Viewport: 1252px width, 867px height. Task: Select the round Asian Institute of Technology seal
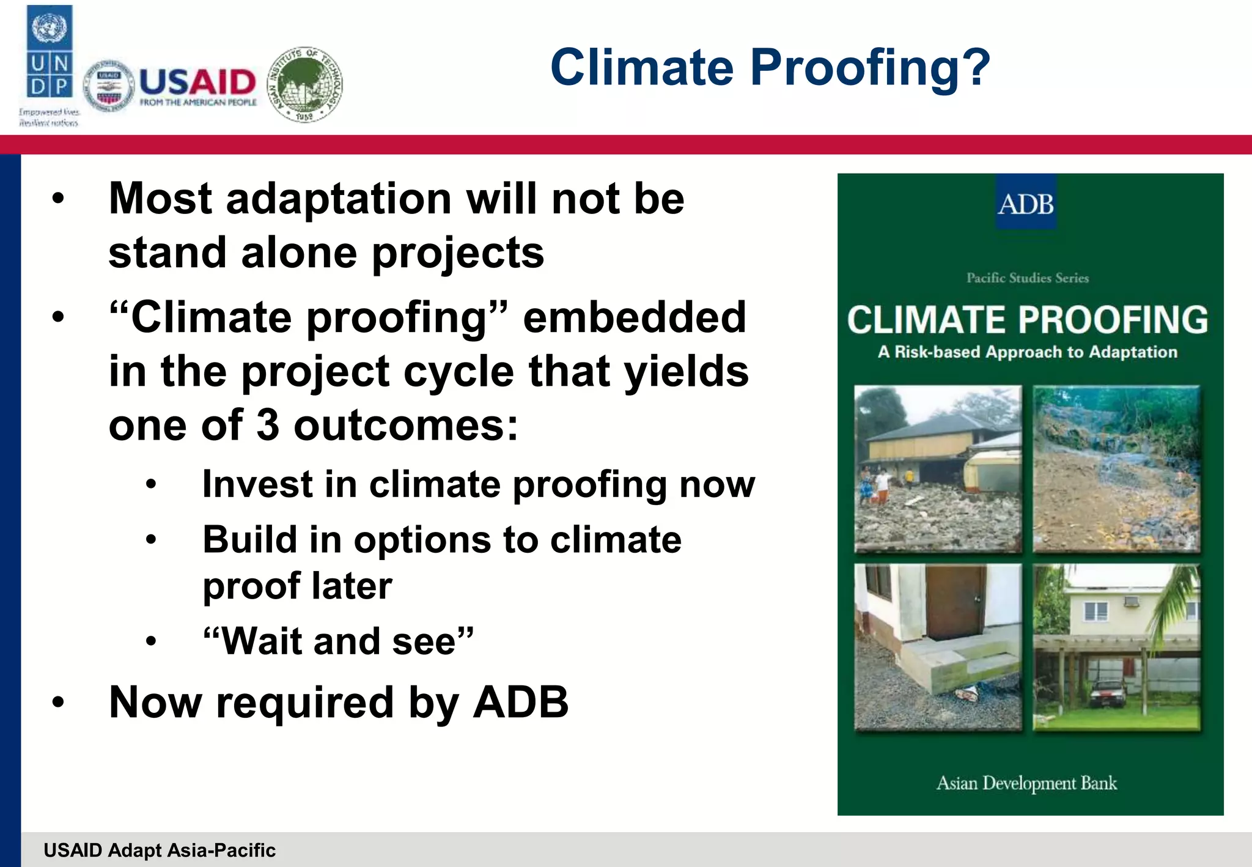306,84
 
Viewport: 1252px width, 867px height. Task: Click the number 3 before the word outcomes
268,425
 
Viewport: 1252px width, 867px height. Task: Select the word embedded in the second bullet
634,317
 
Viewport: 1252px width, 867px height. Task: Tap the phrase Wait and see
338,641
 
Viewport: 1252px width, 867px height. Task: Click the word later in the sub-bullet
351,586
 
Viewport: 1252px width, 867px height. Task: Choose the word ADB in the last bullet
521,702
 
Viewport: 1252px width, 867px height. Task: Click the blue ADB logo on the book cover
1026,204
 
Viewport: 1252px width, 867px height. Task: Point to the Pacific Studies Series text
1027,278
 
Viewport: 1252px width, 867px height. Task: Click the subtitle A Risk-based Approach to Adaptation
1027,352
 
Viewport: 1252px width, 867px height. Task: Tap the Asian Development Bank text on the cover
1026,783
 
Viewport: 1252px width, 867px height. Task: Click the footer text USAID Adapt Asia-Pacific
160,850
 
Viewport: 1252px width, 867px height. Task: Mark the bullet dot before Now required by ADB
58,703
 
